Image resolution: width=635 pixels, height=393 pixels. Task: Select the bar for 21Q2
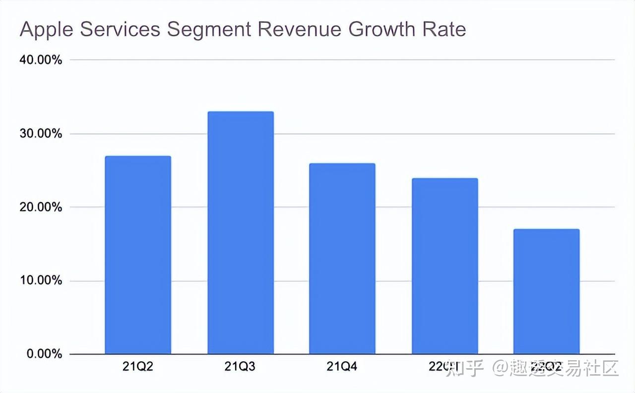[138, 255]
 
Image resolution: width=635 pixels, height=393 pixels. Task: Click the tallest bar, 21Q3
[241, 233]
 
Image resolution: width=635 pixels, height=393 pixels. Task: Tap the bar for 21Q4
[342, 259]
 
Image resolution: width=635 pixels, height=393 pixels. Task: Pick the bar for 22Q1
[445, 266]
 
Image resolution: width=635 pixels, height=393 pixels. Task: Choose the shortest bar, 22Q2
[547, 291]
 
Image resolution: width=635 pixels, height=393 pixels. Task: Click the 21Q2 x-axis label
[138, 367]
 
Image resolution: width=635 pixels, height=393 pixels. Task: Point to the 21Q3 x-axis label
[240, 367]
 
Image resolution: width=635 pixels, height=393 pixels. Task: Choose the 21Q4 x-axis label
[342, 367]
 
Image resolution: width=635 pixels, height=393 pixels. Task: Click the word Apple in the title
[47, 30]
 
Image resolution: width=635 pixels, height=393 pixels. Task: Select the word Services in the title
[120, 30]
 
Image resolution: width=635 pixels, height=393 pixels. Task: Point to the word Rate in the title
[444, 30]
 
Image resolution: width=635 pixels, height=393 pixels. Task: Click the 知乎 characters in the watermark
[464, 369]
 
